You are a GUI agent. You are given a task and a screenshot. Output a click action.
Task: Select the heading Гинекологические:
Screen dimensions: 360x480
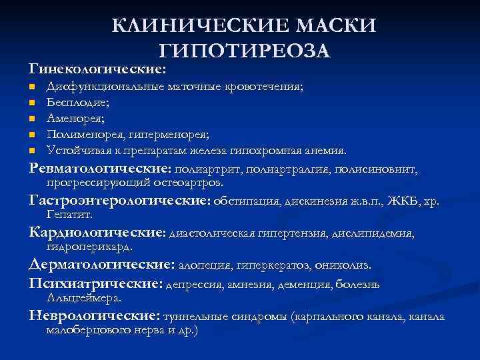click(97, 69)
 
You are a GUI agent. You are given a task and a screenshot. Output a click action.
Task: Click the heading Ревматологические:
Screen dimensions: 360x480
click(101, 168)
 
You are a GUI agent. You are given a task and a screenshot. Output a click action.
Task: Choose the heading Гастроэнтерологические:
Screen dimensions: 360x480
click(120, 200)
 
